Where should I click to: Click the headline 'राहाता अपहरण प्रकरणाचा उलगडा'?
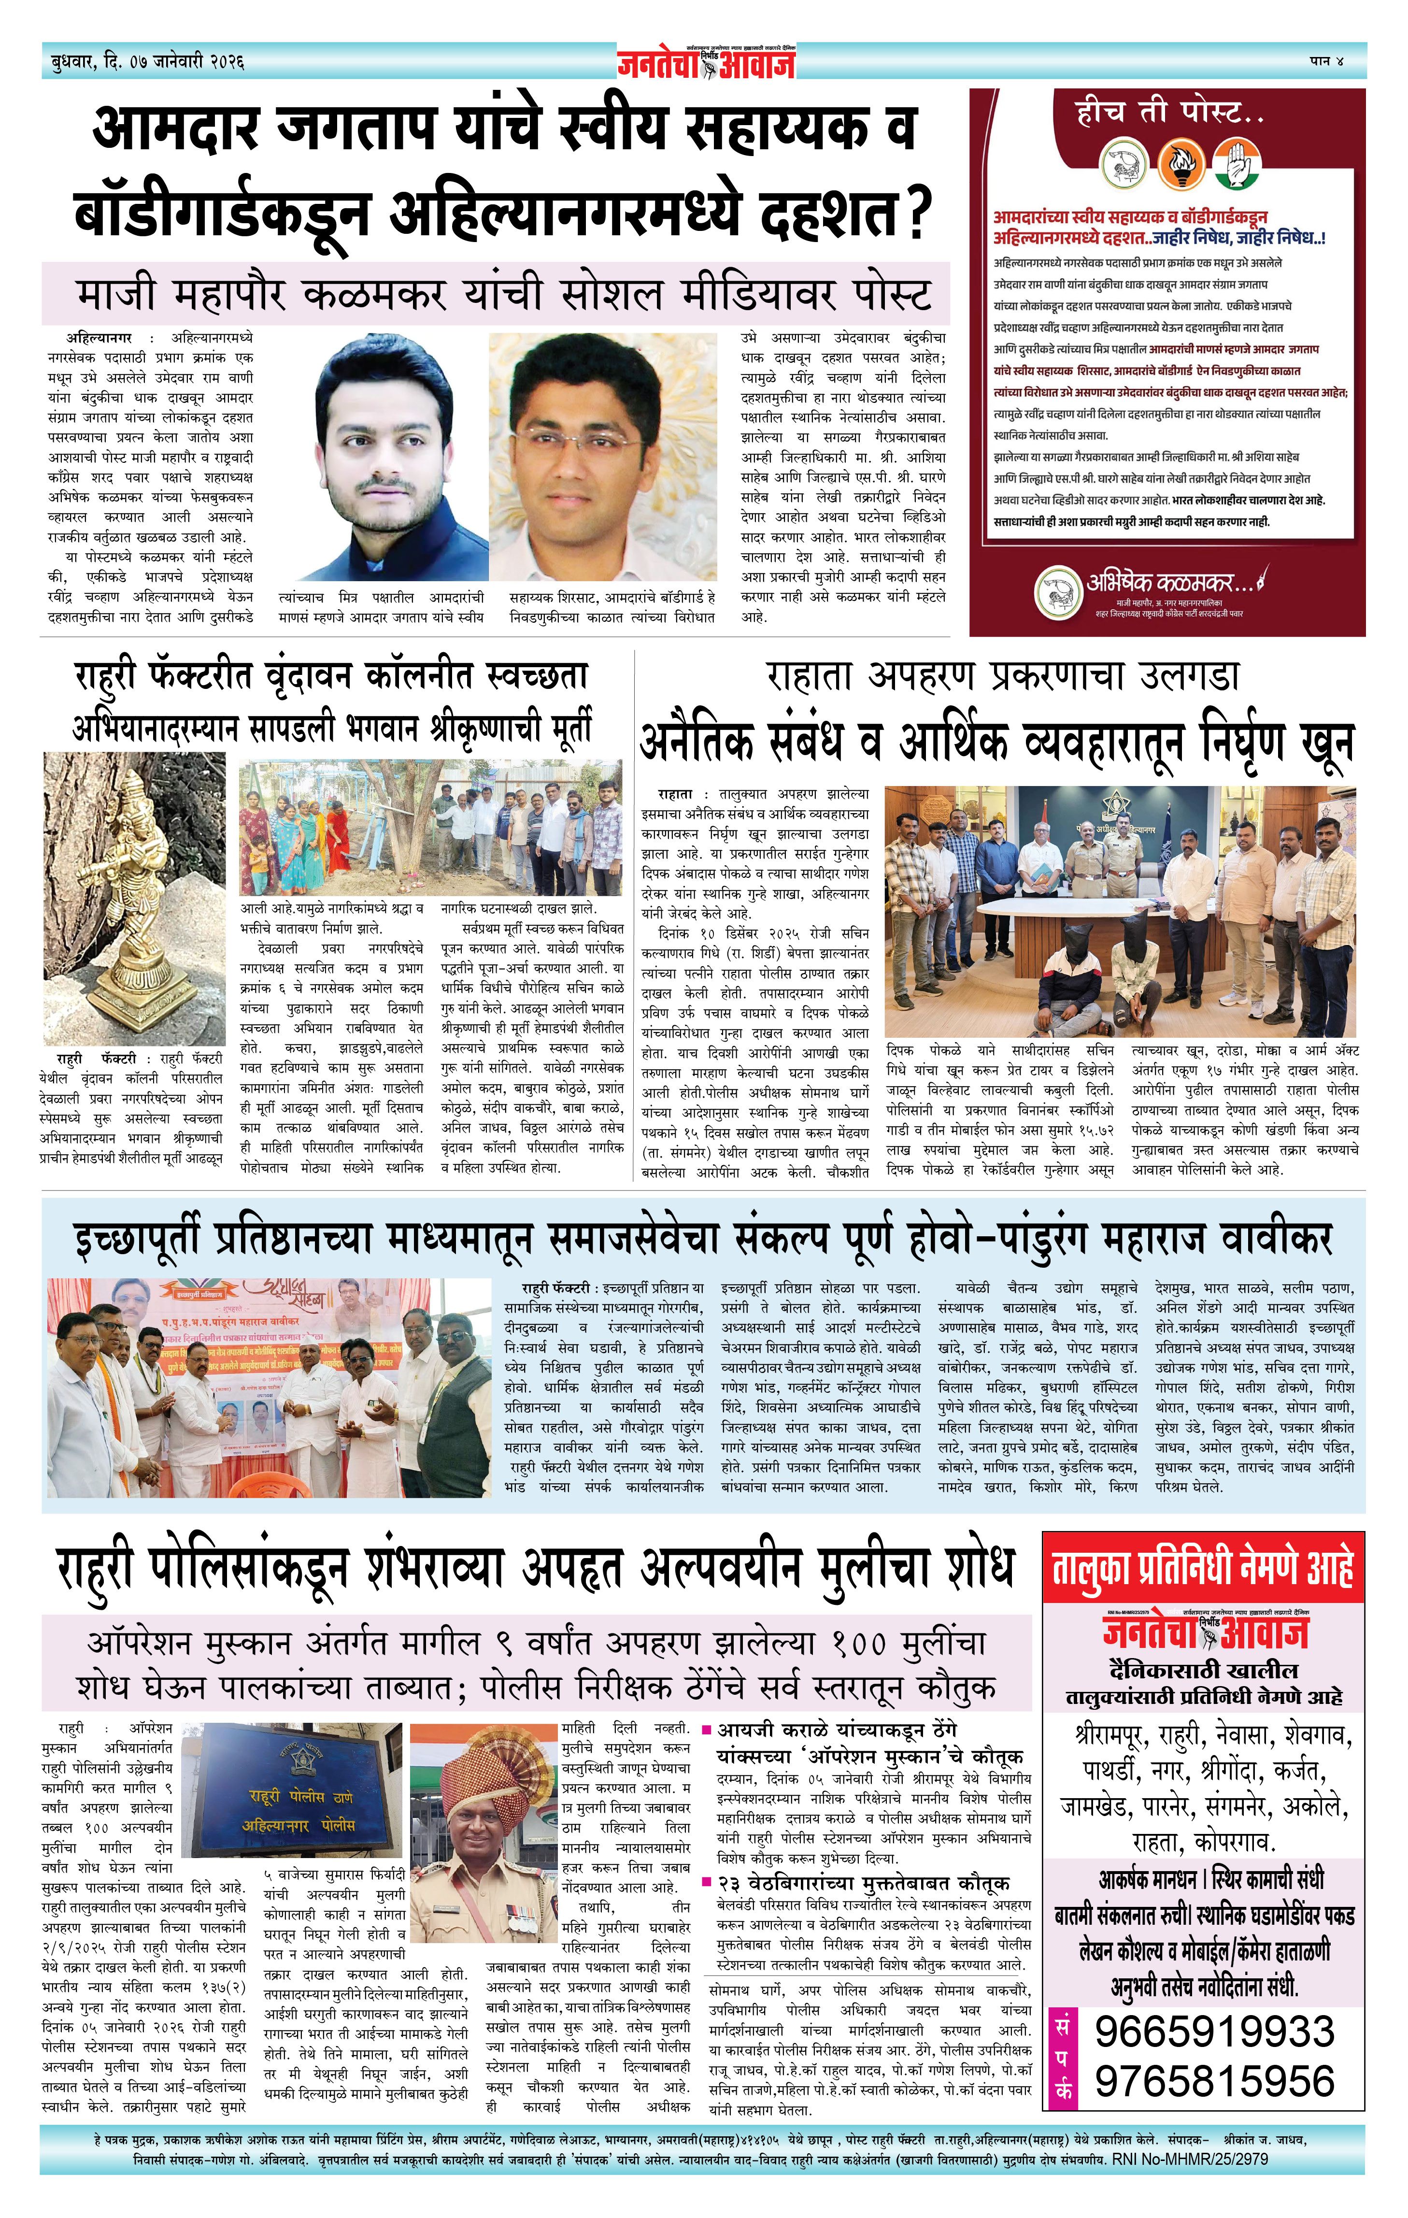pos(1002,677)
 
